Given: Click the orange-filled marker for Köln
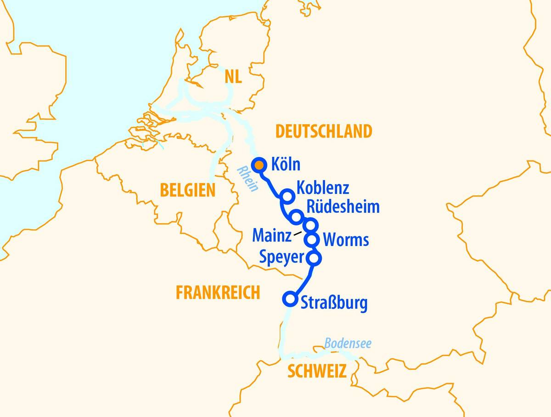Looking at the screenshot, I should [x=260, y=165].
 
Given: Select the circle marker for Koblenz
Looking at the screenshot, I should [x=287, y=196].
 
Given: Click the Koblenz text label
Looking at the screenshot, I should [x=323, y=188].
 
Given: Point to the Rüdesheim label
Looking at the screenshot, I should [x=343, y=207].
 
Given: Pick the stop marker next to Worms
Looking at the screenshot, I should [x=312, y=239].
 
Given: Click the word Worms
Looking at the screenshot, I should [x=346, y=240].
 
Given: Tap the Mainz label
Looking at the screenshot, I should [x=272, y=236].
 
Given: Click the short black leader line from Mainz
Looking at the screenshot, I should [x=298, y=234].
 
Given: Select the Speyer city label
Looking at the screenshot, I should [x=281, y=257].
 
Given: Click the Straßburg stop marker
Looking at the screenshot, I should [x=290, y=299].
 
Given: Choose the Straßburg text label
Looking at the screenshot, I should [x=334, y=303].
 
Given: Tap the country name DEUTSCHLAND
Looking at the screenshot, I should [x=323, y=131].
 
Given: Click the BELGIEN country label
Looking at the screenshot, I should [x=187, y=190].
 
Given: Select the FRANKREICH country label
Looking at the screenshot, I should [x=218, y=292].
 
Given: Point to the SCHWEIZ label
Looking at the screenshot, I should [x=317, y=371].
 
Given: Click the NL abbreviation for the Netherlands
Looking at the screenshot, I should [x=233, y=77].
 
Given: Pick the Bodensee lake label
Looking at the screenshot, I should [x=348, y=343].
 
